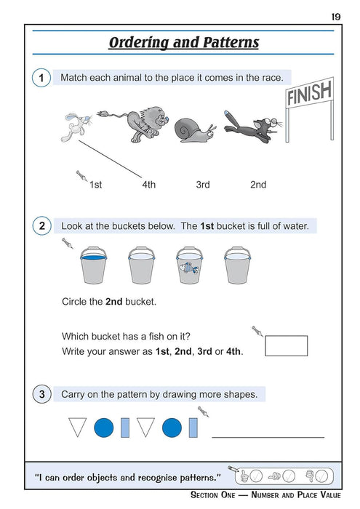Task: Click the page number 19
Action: (x=335, y=16)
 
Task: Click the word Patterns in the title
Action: (x=225, y=42)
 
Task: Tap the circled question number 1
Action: (x=41, y=78)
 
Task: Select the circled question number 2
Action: (x=41, y=226)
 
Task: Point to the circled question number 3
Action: (x=41, y=395)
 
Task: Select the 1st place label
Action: (x=95, y=185)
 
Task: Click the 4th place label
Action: (x=148, y=185)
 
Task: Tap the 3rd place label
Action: (x=203, y=185)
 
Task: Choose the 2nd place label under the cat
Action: (x=258, y=185)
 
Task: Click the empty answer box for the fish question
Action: (x=286, y=345)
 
